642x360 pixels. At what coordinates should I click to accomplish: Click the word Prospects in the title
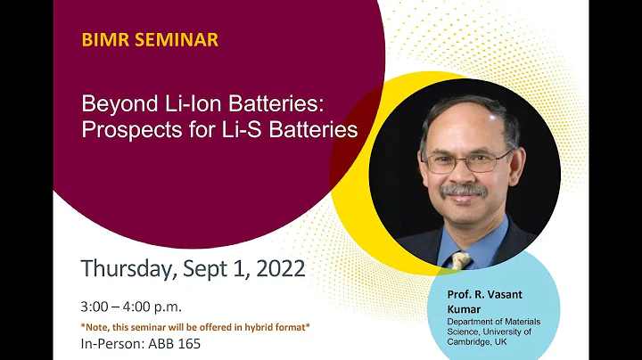131,129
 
